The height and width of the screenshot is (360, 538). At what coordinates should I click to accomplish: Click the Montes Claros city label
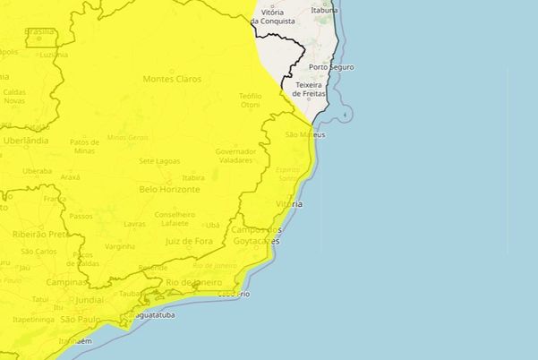pyautogui.click(x=172, y=79)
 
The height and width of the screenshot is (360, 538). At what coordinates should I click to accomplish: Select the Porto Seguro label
pyautogui.click(x=330, y=67)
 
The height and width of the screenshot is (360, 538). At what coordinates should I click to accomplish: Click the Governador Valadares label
pyautogui.click(x=235, y=155)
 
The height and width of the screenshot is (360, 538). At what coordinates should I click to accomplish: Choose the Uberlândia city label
pyautogui.click(x=25, y=141)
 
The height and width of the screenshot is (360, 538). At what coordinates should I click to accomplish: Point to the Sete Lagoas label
pyautogui.click(x=160, y=160)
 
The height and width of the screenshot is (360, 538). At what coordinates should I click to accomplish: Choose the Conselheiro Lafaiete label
pyautogui.click(x=175, y=219)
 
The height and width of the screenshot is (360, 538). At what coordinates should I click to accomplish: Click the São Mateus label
pyautogui.click(x=303, y=134)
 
